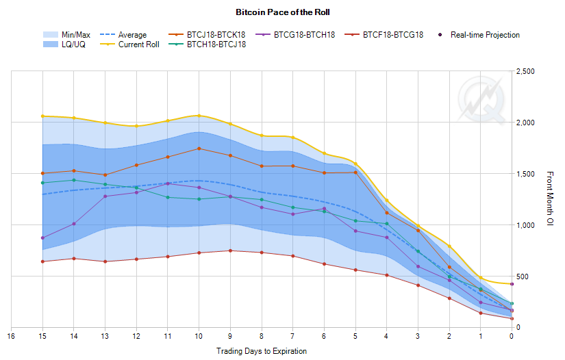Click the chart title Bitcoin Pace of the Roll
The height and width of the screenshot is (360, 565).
point(282,12)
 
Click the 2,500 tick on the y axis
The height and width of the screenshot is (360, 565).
point(526,72)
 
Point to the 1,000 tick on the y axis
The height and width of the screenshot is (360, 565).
point(526,225)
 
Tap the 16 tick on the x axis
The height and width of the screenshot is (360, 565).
point(11,336)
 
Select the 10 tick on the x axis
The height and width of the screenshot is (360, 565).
point(199,336)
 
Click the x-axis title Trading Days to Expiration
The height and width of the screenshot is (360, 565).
point(261,350)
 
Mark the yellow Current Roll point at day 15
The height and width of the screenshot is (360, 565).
point(42,116)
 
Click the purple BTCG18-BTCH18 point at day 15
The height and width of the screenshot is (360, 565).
point(42,238)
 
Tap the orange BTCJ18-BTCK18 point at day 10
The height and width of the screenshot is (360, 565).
point(199,149)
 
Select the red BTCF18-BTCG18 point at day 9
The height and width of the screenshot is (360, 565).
point(230,250)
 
